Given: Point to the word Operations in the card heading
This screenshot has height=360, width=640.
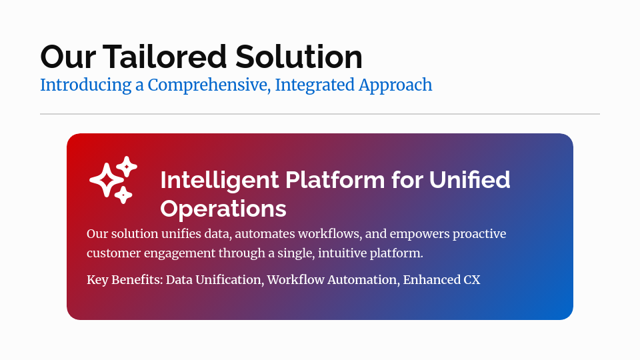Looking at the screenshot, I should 223,209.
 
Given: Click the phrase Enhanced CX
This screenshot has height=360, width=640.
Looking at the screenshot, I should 442,279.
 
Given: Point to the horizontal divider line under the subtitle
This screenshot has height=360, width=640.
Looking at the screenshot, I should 320,114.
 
